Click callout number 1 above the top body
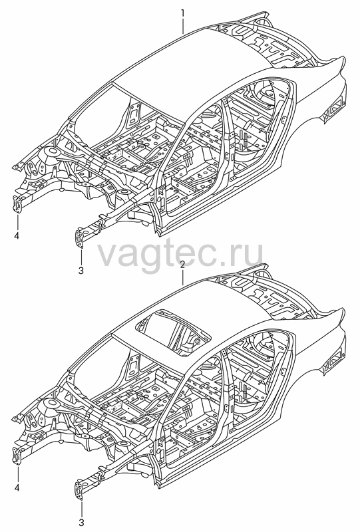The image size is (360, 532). pos(183,13)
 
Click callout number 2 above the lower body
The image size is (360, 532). pos(182,265)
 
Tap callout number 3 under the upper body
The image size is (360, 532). pos(81,271)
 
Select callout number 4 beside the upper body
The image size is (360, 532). pos(17,235)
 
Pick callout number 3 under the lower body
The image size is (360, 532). pos(81,522)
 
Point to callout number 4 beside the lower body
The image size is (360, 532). pos(17,488)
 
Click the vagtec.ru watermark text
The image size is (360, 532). pos(180,251)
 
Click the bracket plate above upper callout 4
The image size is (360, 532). pos(17,204)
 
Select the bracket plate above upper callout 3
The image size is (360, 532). pos(79,238)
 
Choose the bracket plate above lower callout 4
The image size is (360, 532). pos(17,456)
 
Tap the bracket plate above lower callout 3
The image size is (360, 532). pos(79,489)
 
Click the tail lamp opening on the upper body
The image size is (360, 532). pos(335,106)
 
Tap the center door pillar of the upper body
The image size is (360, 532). pos(228,136)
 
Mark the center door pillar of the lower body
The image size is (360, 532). pos(228,388)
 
